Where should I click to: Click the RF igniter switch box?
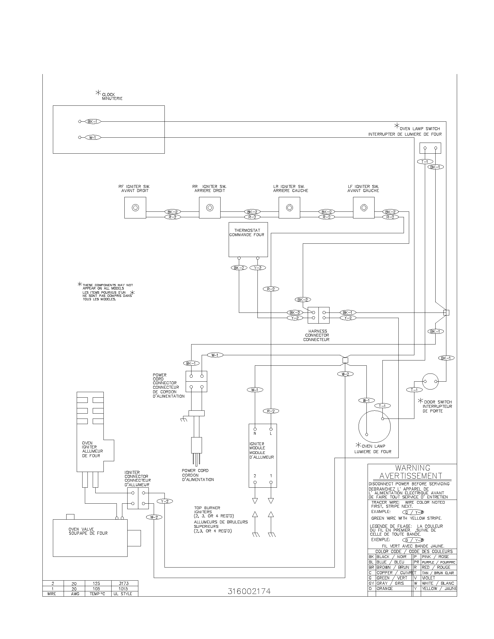click(x=135, y=207)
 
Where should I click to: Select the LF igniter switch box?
click(x=364, y=207)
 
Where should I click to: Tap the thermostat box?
click(x=248, y=239)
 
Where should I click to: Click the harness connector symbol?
click(x=318, y=315)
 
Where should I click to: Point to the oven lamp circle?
click(x=375, y=426)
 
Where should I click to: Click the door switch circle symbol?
click(x=430, y=381)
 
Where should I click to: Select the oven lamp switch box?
click(x=430, y=148)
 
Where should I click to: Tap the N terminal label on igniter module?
click(x=255, y=433)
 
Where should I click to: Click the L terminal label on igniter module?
click(x=271, y=433)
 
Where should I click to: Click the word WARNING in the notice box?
click(x=413, y=468)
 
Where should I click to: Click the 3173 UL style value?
click(x=123, y=583)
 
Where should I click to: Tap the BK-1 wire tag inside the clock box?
click(x=92, y=121)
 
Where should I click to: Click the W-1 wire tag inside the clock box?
click(x=92, y=137)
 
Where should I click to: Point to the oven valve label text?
click(x=88, y=531)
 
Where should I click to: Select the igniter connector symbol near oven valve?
click(x=138, y=498)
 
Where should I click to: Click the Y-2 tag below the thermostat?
click(x=257, y=268)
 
